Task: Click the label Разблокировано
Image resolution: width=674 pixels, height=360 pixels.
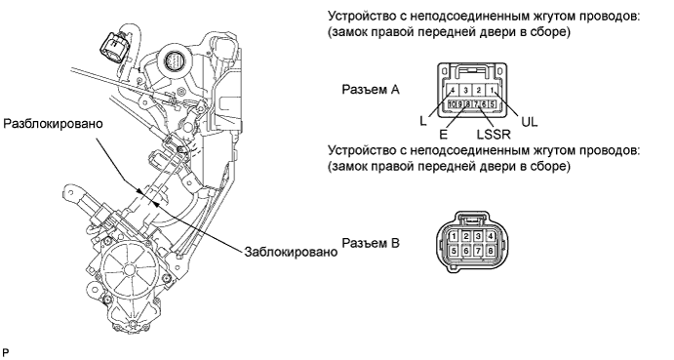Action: [54, 124]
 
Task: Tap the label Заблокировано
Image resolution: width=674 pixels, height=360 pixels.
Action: [291, 252]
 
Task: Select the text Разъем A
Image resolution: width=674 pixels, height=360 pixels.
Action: [371, 90]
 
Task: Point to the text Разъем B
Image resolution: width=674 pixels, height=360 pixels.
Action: [371, 243]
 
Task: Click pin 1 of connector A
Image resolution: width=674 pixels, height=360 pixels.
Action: [492, 91]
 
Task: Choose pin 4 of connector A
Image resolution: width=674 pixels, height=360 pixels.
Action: [453, 91]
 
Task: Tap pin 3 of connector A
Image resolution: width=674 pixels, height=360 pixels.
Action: [466, 91]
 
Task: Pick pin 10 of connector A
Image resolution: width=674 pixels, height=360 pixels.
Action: [452, 104]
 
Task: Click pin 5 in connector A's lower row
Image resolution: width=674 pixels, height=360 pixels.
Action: [493, 104]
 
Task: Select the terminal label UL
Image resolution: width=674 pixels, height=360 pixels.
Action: [529, 122]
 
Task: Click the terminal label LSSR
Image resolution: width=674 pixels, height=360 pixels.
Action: [494, 135]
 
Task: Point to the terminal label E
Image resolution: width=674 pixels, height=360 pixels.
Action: [443, 135]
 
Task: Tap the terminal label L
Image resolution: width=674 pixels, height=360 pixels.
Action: [423, 122]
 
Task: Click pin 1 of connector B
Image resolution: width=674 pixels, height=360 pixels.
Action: [454, 236]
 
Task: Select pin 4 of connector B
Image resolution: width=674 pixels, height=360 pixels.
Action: [490, 236]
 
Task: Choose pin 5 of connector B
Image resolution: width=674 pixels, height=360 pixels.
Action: [454, 251]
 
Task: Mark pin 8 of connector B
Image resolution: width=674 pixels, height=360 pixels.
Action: [490, 251]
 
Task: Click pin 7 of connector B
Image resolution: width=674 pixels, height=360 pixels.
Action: [478, 251]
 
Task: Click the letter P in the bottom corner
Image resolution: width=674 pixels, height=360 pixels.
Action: [5, 353]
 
